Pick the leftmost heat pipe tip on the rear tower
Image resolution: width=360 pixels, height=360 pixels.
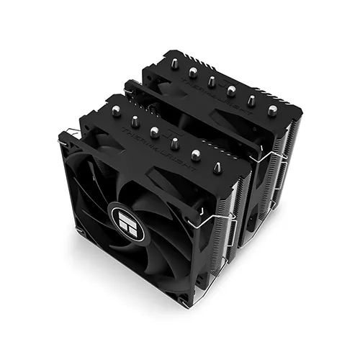point(173,66)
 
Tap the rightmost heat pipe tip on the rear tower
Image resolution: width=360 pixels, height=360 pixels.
point(271,111)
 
